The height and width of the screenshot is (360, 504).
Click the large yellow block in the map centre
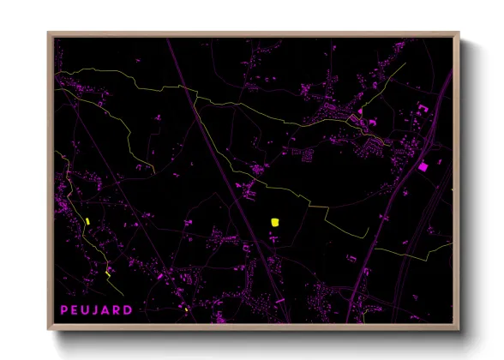point(275,222)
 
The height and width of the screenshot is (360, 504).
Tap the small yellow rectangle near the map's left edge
point(88,222)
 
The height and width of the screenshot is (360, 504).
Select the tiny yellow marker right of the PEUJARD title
point(185,309)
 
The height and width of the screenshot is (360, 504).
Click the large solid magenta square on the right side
point(423,166)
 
